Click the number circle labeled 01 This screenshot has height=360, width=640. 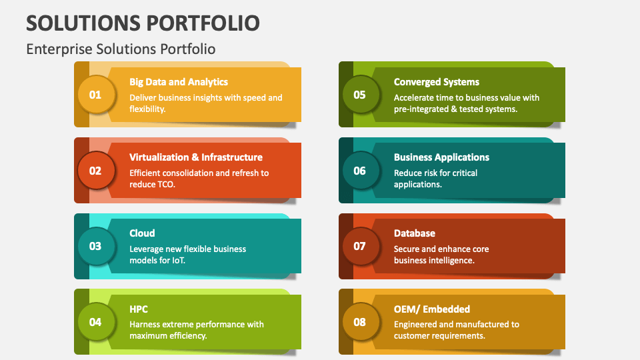(x=95, y=95)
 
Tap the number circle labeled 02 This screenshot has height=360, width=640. (x=95, y=170)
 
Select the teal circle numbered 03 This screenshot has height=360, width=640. (x=95, y=246)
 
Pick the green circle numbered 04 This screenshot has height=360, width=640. (x=95, y=322)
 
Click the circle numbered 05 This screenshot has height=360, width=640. (x=359, y=95)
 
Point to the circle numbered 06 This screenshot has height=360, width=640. (x=359, y=170)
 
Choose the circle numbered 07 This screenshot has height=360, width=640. (x=359, y=246)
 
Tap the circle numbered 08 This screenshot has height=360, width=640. (x=359, y=322)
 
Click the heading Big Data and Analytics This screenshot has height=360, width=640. (x=179, y=82)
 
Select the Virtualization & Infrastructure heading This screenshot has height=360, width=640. (x=196, y=157)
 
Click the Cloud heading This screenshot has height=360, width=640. (x=142, y=233)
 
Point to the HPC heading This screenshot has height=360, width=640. (x=139, y=309)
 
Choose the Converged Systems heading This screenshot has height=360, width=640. (x=437, y=82)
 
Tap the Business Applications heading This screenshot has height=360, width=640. (x=441, y=157)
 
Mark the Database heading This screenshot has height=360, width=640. (x=415, y=233)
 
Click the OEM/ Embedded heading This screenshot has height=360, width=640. (x=432, y=309)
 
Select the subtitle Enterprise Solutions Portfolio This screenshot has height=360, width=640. (x=121, y=49)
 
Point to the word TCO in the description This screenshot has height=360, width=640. (x=164, y=185)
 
